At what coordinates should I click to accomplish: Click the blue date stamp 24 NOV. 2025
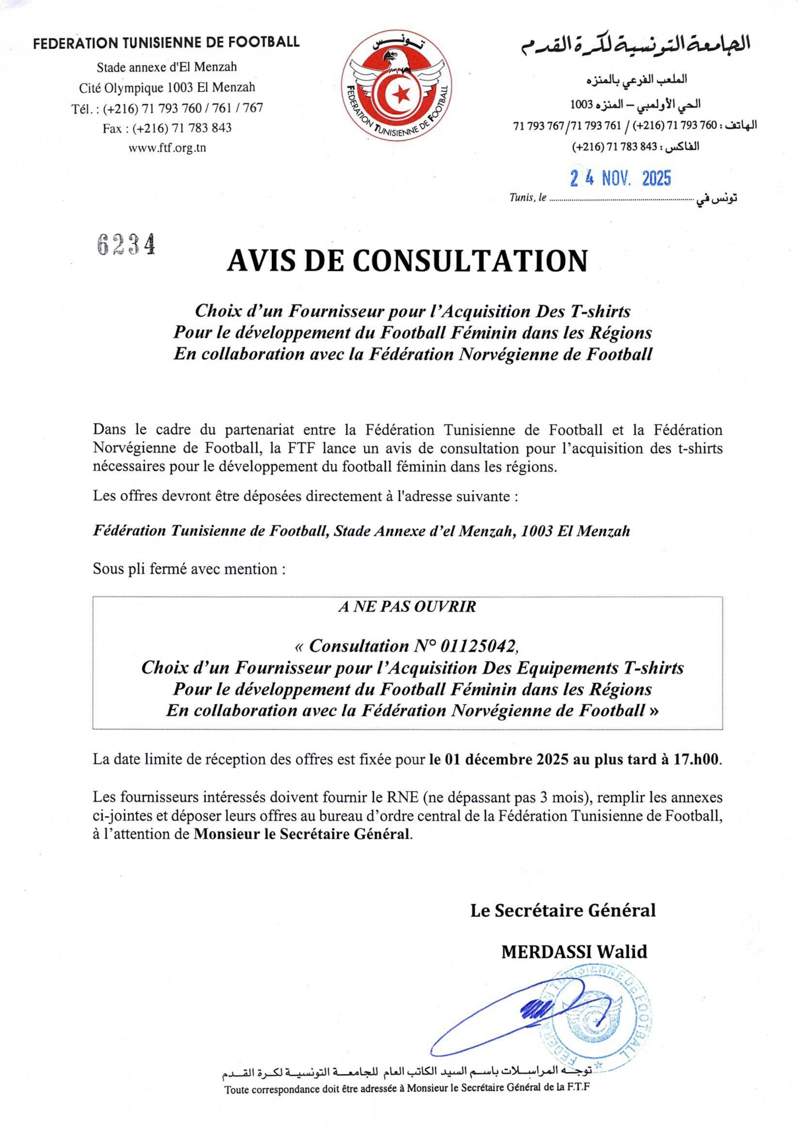(620, 178)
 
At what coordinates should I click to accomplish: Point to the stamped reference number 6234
(126, 244)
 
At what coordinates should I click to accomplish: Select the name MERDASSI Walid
(574, 952)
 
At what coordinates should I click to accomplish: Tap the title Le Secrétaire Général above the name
(563, 911)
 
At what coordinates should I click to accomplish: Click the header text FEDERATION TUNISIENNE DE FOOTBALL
(166, 42)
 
